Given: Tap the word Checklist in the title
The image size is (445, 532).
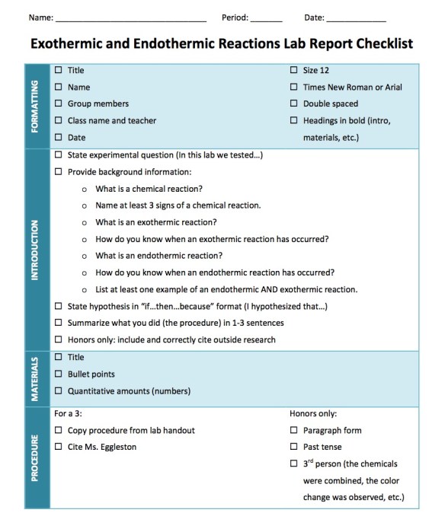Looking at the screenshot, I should [376, 43].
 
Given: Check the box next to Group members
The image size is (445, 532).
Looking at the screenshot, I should [59, 104].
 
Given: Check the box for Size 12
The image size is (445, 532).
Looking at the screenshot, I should [294, 70].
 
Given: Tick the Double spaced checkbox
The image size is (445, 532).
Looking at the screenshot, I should [294, 104].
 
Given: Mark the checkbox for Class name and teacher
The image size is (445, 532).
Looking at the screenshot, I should [59, 120].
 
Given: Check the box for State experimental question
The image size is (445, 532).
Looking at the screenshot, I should [59, 155].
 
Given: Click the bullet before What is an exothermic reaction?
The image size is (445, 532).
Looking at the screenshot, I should [85, 222].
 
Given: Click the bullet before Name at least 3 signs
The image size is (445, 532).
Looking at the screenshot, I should [85, 205].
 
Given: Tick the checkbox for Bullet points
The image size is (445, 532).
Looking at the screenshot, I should [59, 374].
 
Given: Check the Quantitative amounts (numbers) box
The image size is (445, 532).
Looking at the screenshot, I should [59, 391].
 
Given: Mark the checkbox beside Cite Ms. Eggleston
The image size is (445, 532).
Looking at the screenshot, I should [59, 447].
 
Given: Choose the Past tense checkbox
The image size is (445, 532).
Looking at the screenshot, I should [294, 447].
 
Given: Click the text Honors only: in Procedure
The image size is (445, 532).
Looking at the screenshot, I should [313, 413].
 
